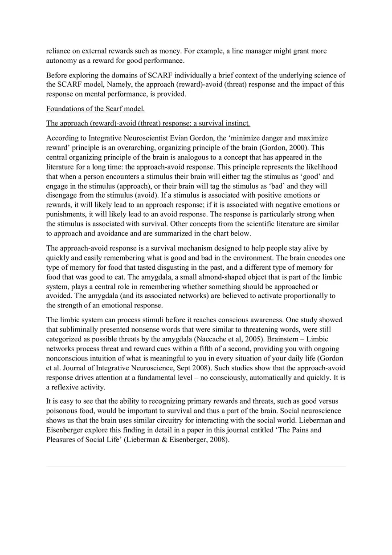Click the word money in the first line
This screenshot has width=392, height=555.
tap(181, 51)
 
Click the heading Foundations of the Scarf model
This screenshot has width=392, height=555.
tap(95, 109)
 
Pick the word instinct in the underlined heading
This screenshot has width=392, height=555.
tap(235, 123)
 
